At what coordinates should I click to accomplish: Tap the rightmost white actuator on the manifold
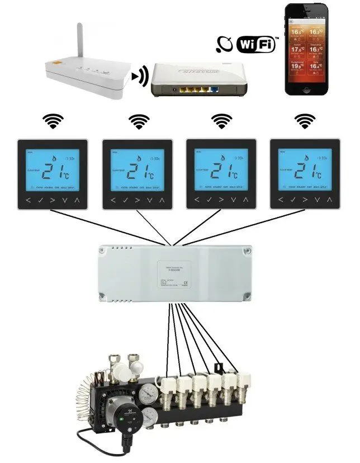[243, 381]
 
